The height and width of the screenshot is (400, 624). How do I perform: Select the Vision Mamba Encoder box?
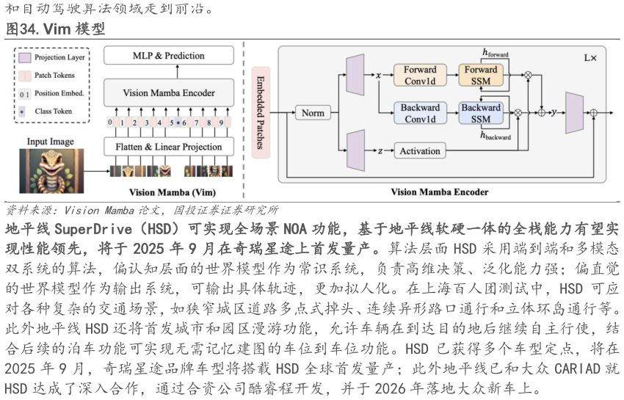[x=169, y=93]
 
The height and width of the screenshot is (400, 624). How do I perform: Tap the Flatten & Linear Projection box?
[x=168, y=147]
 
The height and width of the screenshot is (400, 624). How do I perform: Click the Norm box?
[x=313, y=113]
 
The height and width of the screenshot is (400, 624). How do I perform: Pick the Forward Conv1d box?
[x=420, y=75]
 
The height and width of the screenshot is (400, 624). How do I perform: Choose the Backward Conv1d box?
[x=420, y=113]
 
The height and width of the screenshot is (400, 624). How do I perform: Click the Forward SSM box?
[x=481, y=75]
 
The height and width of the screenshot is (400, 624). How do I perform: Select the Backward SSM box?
[x=481, y=113]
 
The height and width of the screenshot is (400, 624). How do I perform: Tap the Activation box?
[x=420, y=151]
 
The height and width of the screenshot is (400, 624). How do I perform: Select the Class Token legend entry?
[x=52, y=112]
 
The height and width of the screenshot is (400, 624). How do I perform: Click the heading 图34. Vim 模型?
[x=56, y=29]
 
